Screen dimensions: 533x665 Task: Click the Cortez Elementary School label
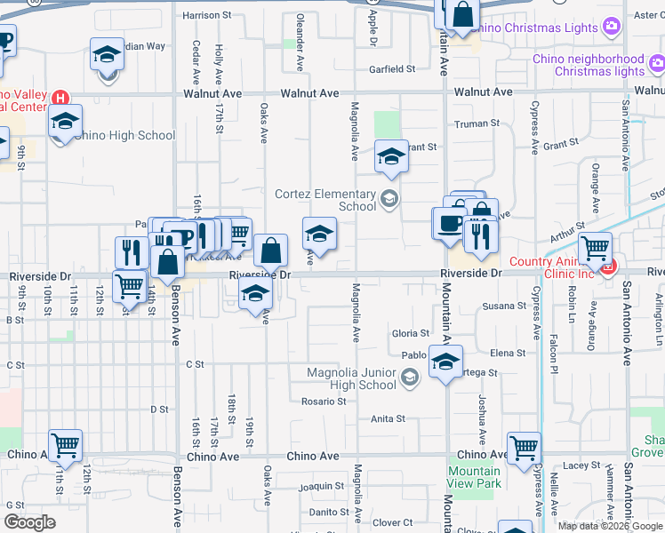324,200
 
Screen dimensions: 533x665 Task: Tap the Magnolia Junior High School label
351,378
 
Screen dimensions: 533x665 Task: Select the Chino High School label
125,136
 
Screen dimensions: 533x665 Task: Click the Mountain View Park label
474,477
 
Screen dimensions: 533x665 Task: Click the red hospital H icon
60,98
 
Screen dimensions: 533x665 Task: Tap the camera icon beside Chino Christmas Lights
611,28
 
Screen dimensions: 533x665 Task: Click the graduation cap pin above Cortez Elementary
390,157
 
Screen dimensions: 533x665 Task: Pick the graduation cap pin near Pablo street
446,362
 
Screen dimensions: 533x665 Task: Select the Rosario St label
323,402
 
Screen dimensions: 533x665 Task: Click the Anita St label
388,418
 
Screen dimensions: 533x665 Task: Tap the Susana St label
504,306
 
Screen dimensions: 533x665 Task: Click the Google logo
29,522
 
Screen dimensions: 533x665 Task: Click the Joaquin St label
321,486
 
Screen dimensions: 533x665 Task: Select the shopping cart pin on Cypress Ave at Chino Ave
524,448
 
